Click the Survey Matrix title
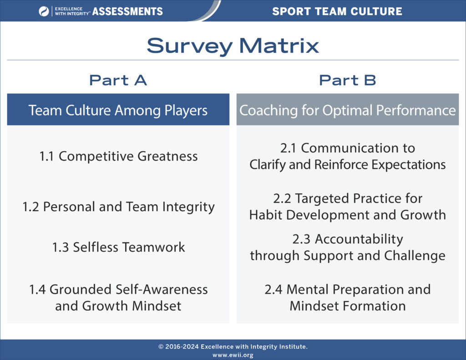233,46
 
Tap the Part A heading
118,80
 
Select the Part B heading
347,80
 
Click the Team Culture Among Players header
118,110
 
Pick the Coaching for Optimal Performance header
347,110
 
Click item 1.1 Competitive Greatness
118,156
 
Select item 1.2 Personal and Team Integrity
118,207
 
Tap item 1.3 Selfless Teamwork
118,247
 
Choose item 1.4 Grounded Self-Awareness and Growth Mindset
118,297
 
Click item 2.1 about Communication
347,156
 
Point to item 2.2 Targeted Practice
347,206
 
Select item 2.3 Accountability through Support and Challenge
347,247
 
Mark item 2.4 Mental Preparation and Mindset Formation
347,297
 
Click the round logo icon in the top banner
44,11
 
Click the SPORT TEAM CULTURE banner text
337,11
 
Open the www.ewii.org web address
233,355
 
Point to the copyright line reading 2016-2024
233,347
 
